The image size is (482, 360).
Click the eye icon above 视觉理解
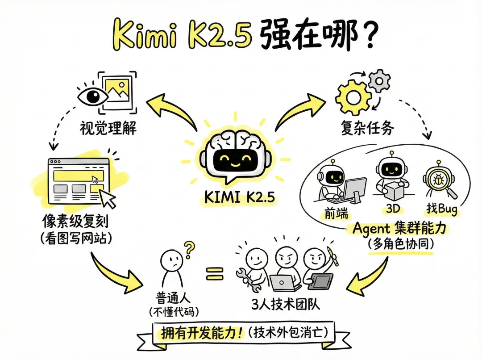(x=93, y=95)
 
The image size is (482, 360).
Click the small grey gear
(x=380, y=80)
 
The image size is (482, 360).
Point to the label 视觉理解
(x=108, y=129)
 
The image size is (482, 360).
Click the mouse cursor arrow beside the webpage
(x=108, y=198)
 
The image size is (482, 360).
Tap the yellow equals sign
(x=215, y=273)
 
